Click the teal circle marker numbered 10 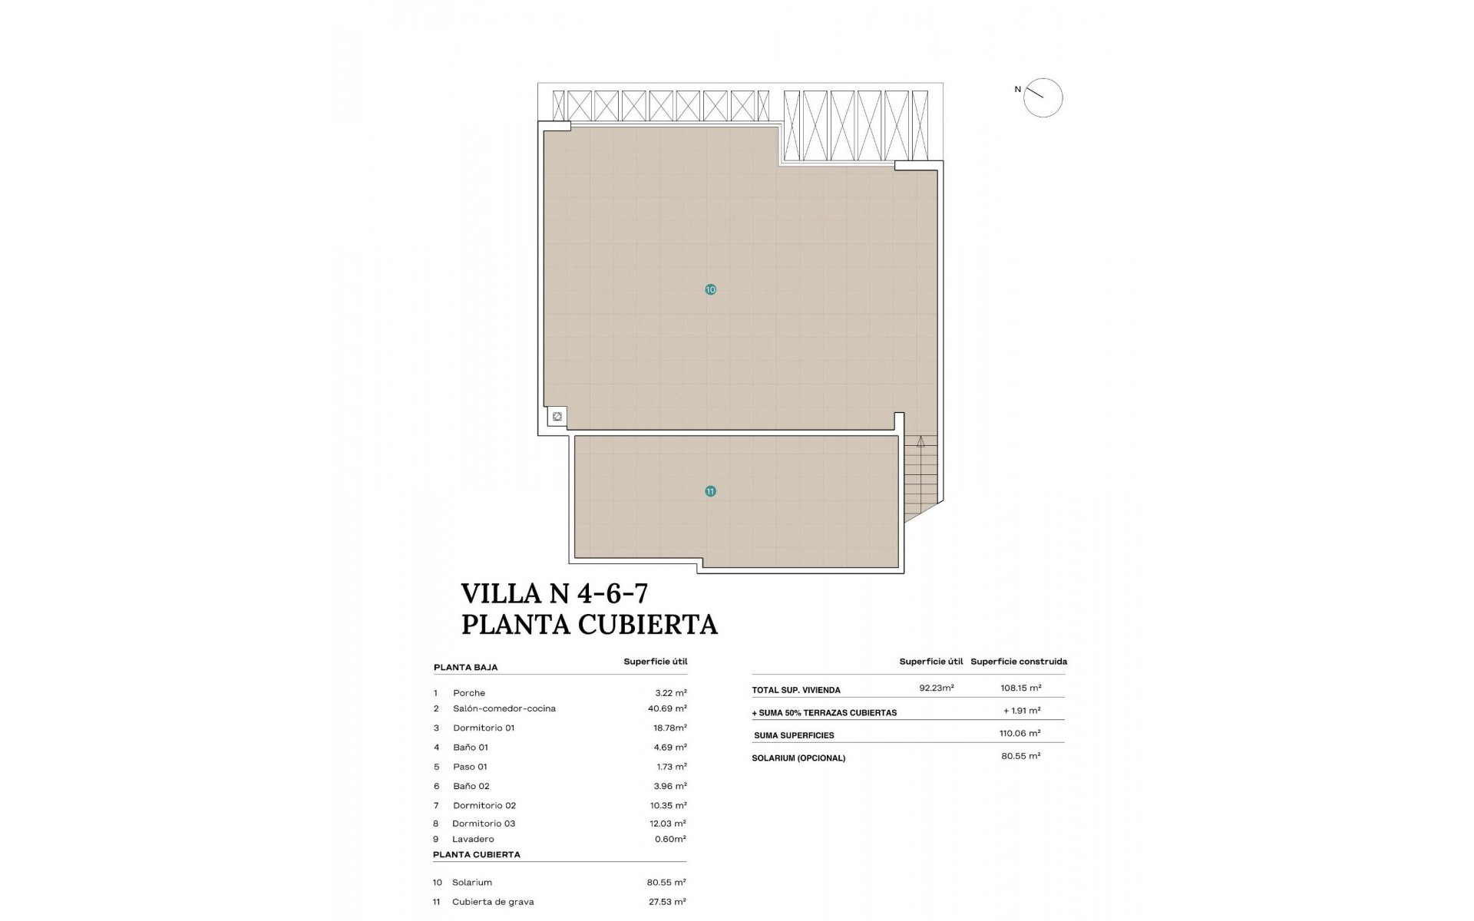tap(710, 289)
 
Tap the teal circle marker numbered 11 tap(710, 491)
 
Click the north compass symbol tap(1043, 98)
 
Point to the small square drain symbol tap(557, 417)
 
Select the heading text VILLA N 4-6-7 tap(554, 593)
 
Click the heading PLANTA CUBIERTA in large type tap(589, 625)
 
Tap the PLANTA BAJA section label tap(465, 668)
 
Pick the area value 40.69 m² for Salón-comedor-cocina tap(667, 708)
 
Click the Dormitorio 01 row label tap(484, 728)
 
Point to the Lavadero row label tap(473, 839)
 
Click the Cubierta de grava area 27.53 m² tap(666, 902)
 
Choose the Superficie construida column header tap(1019, 662)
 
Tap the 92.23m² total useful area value tap(937, 688)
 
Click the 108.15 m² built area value tap(1022, 688)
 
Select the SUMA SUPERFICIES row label tap(794, 735)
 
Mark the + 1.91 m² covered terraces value tap(1022, 711)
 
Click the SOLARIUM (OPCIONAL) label tap(798, 758)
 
